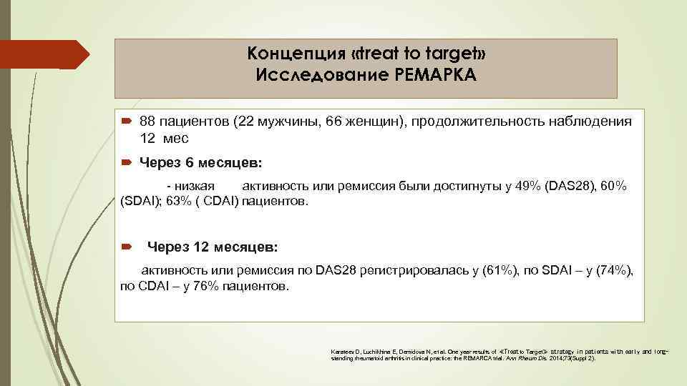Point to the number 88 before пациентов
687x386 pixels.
(149, 122)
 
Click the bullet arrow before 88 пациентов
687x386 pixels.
(126, 122)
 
